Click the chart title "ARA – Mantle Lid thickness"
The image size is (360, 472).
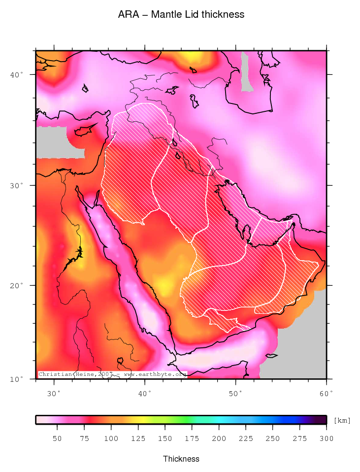click(181, 15)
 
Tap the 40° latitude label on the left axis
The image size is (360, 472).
click(18, 74)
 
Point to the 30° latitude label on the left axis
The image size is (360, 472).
click(18, 185)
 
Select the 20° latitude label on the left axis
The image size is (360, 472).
click(18, 285)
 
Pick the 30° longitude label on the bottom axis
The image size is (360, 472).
click(54, 393)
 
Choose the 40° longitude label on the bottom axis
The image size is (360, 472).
click(145, 393)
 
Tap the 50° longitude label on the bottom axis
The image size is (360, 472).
click(236, 393)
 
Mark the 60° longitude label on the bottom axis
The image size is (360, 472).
click(327, 393)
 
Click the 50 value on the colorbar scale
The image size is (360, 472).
click(57, 438)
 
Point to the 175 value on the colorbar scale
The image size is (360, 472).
click(192, 438)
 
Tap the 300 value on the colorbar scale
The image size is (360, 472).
click(326, 438)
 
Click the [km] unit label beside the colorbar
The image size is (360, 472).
click(342, 420)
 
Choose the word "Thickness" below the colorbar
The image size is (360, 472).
click(181, 459)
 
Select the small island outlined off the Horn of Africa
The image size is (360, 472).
click(271, 355)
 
